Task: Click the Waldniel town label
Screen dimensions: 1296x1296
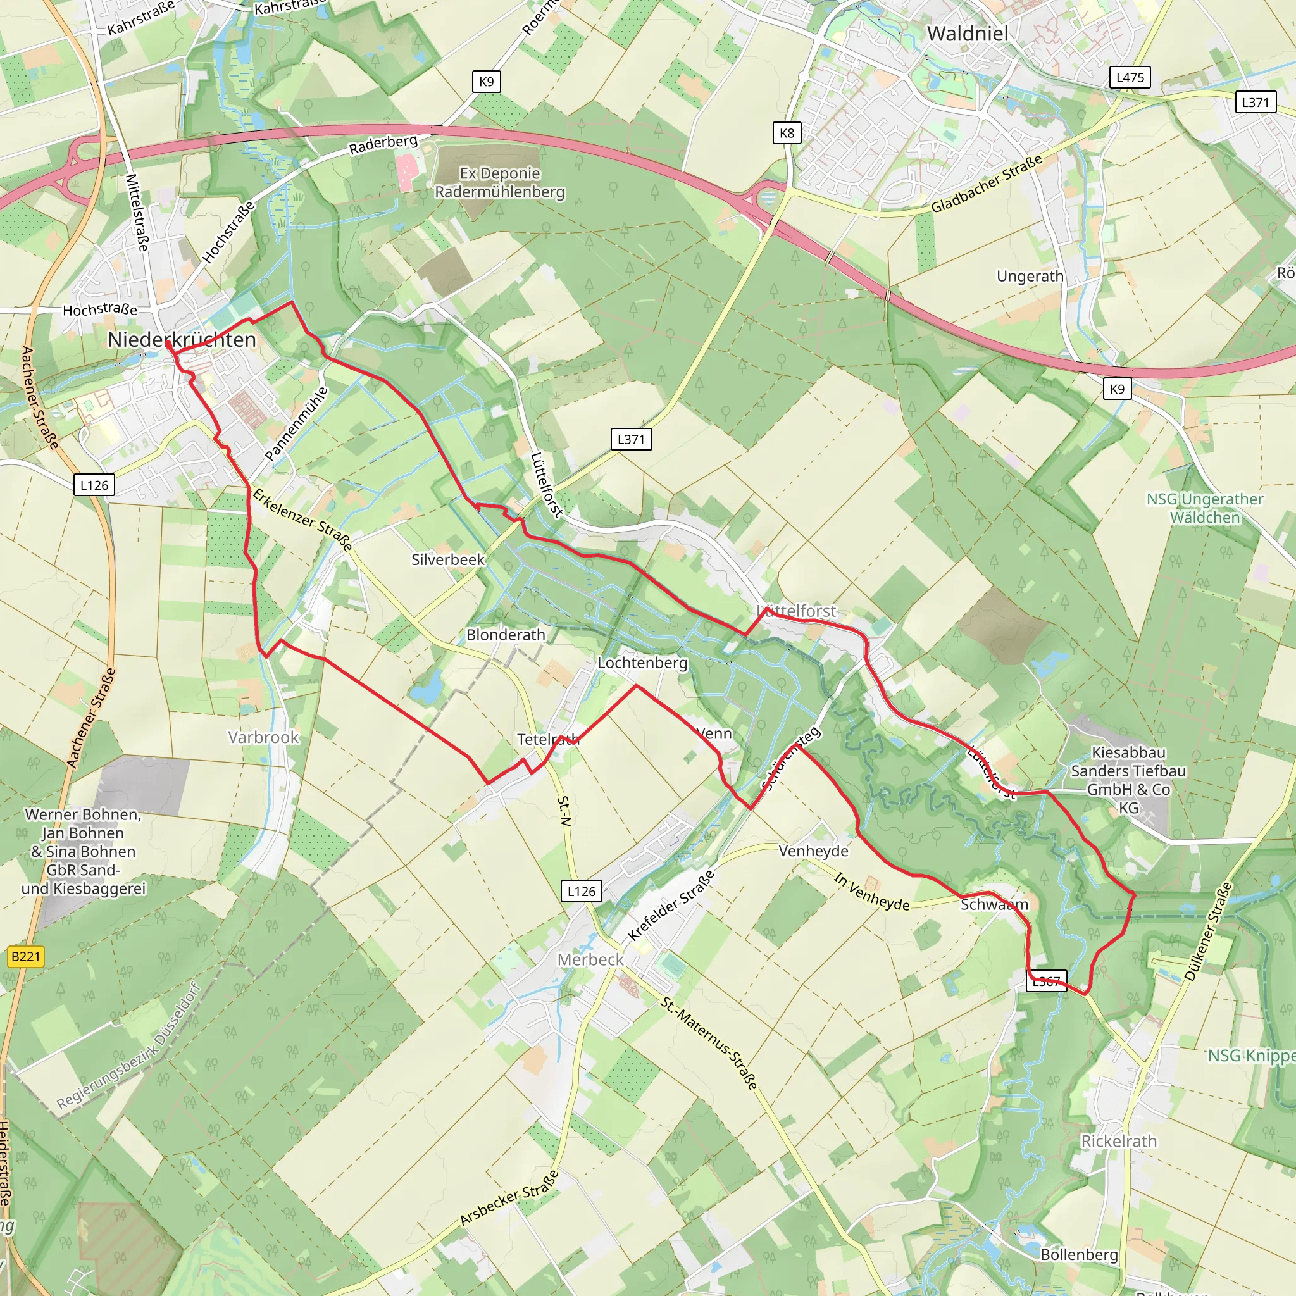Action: (x=967, y=34)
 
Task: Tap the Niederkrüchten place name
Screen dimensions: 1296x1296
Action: (x=182, y=340)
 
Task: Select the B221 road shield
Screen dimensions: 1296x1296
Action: (x=25, y=956)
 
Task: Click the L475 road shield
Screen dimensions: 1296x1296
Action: (x=1130, y=77)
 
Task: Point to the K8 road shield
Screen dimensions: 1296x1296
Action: (x=786, y=133)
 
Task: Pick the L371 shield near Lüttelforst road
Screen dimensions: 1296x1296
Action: (x=630, y=439)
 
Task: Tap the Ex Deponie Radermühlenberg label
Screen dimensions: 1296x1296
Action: (x=500, y=182)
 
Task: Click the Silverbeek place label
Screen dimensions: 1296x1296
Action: (x=447, y=559)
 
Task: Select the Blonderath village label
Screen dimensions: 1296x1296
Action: (x=506, y=635)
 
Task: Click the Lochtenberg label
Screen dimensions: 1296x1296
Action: (x=643, y=663)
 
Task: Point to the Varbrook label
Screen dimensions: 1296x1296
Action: (x=263, y=737)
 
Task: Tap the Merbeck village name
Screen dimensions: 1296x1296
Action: (x=590, y=960)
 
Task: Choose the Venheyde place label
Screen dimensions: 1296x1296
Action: (x=813, y=851)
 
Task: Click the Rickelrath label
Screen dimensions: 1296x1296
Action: (x=1119, y=1141)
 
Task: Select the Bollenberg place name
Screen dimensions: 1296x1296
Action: (x=1080, y=1254)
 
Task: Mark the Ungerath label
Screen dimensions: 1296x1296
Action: (x=1030, y=277)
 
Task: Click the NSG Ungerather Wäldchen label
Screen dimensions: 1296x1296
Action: (x=1205, y=508)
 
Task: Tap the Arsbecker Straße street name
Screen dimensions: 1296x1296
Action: (x=509, y=1199)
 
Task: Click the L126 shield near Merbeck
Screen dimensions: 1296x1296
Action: (x=581, y=892)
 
